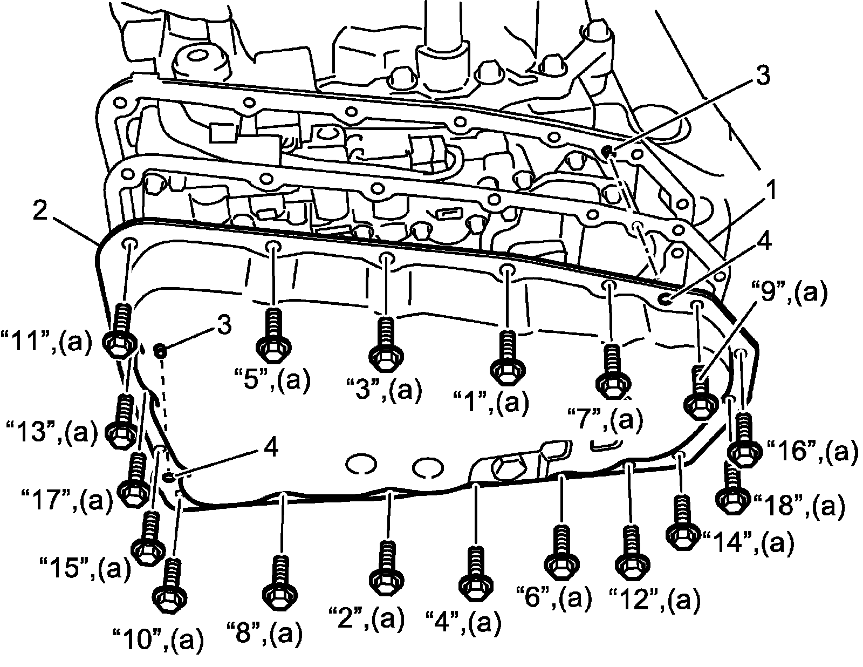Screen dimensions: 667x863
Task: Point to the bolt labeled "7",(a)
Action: (611, 370)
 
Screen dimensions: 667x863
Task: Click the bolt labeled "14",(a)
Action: (681, 521)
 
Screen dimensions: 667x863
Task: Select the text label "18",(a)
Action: (798, 506)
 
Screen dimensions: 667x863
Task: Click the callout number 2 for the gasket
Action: (40, 212)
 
